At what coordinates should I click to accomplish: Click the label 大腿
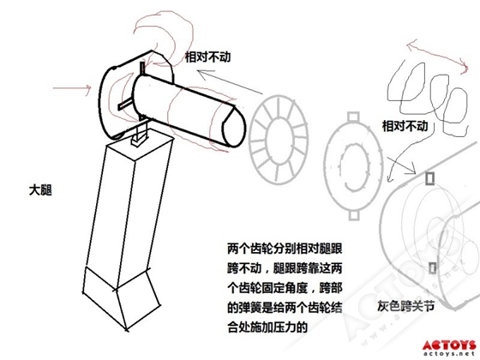[x=40, y=190]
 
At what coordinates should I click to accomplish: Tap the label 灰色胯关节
[x=405, y=306]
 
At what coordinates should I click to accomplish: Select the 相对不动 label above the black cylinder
[x=207, y=57]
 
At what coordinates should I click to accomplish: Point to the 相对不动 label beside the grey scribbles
[x=405, y=126]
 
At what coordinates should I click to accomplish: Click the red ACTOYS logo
[x=449, y=345]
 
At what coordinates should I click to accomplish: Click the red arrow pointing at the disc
[x=72, y=88]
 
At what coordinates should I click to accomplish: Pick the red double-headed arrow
[x=437, y=55]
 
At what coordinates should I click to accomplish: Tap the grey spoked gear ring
[x=278, y=139]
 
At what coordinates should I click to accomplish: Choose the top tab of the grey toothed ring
[x=353, y=117]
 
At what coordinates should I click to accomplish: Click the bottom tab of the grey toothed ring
[x=354, y=215]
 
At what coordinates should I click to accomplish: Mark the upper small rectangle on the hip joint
[x=430, y=178]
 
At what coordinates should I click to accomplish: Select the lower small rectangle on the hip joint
[x=432, y=268]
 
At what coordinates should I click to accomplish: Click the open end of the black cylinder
[x=233, y=127]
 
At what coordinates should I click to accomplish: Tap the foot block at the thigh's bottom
[x=121, y=297]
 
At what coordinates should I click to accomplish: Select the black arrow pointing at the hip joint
[x=401, y=165]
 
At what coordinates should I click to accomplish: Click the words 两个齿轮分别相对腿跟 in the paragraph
[x=285, y=249]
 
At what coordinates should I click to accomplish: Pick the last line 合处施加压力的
[x=267, y=327]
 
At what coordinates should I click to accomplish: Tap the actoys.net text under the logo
[x=450, y=354]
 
